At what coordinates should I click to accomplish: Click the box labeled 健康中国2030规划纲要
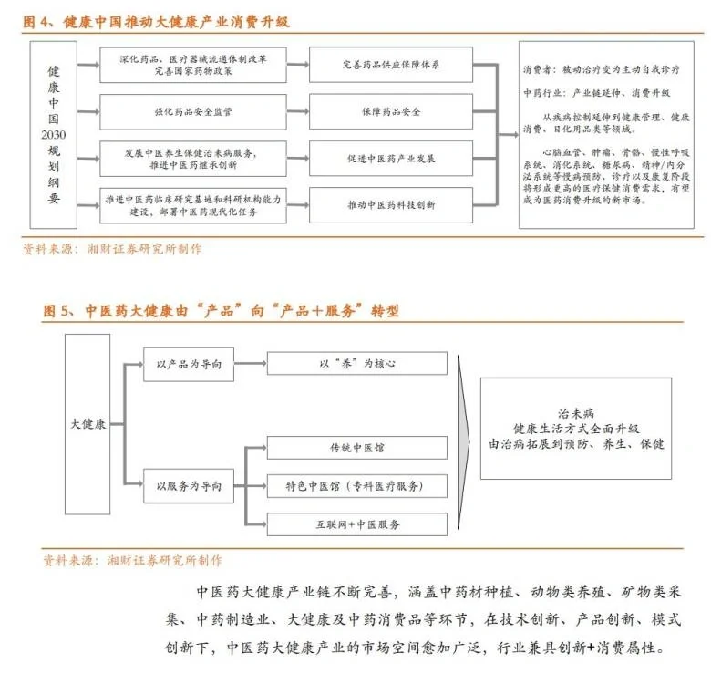(54, 135)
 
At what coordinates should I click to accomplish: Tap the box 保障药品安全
(390, 111)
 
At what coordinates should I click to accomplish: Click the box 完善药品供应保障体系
(390, 65)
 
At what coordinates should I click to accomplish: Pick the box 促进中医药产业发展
(390, 158)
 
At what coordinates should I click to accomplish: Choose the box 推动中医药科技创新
(390, 204)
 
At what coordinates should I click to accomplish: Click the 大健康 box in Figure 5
(88, 423)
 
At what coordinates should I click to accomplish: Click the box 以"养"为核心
(356, 364)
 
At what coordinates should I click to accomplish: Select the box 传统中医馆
(356, 447)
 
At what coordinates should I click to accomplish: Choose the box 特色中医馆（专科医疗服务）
(356, 485)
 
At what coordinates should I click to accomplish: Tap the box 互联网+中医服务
(356, 524)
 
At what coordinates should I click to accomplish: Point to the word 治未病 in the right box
(575, 412)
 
